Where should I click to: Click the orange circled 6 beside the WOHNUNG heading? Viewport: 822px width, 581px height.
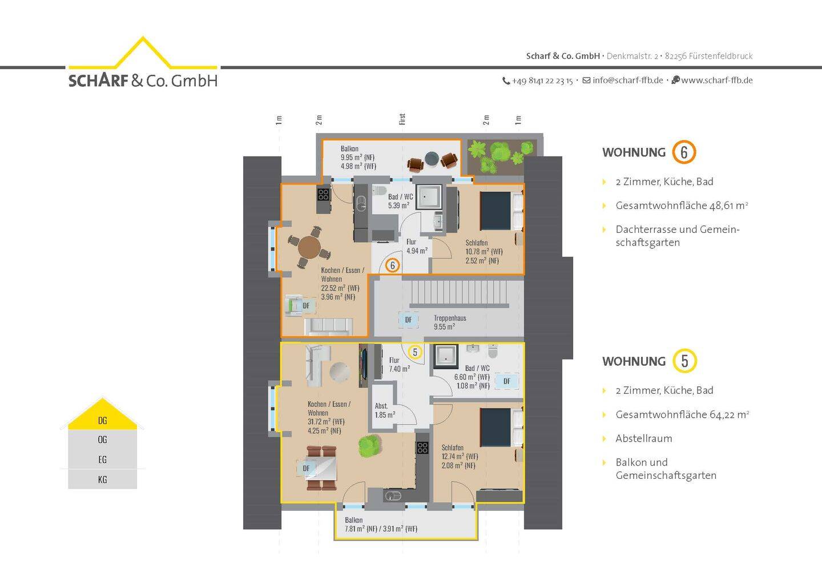(684, 152)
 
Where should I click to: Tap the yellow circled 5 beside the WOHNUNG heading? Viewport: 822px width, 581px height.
(684, 361)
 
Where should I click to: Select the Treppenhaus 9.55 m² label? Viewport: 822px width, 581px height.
(450, 322)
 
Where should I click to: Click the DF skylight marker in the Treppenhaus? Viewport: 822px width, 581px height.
(408, 320)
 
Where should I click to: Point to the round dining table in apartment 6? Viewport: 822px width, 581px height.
(309, 248)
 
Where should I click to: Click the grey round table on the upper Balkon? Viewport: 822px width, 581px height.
(432, 159)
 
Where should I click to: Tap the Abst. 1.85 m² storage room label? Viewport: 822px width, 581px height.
(385, 410)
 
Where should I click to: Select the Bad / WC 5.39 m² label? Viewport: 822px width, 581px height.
(400, 201)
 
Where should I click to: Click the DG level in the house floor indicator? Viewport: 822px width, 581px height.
(102, 421)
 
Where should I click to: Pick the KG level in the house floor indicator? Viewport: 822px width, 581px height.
(102, 479)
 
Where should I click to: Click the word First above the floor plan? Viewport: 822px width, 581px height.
(402, 119)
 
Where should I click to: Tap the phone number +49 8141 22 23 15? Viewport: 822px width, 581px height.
(542, 80)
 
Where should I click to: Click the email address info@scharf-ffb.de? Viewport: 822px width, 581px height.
(627, 80)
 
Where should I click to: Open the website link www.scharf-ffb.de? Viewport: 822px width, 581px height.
(717, 80)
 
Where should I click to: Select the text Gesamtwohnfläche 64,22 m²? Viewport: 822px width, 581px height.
(682, 414)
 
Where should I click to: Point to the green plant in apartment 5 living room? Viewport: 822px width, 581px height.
(369, 446)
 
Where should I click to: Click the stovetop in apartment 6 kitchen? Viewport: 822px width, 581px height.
(323, 195)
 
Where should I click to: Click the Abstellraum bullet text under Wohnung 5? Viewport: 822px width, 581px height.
(644, 438)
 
